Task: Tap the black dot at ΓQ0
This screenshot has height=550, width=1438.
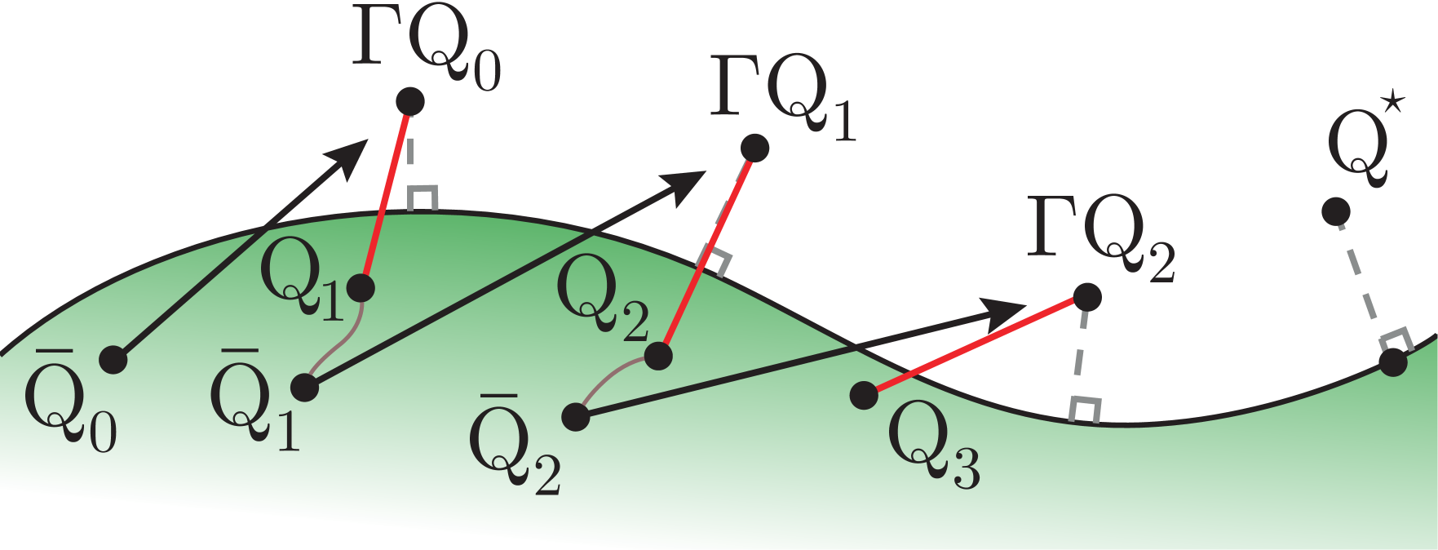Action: coord(409,102)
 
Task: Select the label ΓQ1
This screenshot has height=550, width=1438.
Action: coord(783,98)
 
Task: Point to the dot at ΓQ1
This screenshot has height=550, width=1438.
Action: coord(755,148)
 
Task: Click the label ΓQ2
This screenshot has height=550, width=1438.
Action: coord(1101,238)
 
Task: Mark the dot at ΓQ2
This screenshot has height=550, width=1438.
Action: coord(1087,297)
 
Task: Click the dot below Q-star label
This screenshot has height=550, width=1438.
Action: coord(1335,212)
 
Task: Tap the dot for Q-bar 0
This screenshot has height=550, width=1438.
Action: coord(113,359)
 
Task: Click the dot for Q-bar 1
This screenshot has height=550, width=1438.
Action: coord(304,388)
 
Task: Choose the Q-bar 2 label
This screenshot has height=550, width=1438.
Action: coord(515,446)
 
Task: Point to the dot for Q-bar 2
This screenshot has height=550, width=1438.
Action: coord(575,417)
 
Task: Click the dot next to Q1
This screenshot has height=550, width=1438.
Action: coord(361,287)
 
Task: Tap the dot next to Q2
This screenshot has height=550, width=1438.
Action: coord(657,356)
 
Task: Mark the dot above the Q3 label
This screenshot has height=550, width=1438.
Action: coord(864,396)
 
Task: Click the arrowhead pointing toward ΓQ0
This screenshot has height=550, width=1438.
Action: coord(351,155)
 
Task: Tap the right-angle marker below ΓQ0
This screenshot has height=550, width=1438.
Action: coord(423,199)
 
